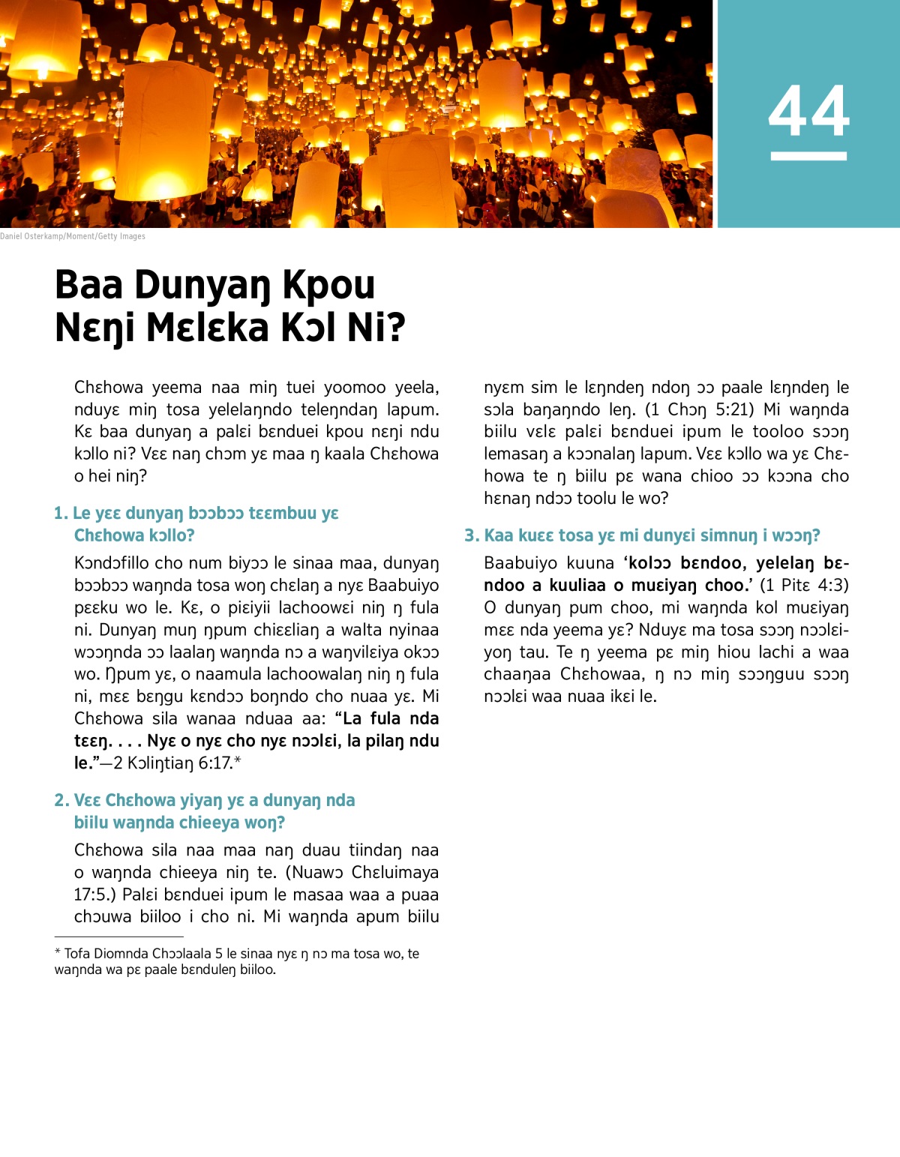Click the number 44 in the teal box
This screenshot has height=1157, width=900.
808,111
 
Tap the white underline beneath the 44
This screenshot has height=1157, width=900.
808,156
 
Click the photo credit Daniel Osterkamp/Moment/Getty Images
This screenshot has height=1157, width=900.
73,236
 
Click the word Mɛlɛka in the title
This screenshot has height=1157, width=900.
207,328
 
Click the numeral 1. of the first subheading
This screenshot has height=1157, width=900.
61,514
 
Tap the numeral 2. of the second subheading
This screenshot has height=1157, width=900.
61,801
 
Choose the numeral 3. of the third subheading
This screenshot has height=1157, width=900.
471,535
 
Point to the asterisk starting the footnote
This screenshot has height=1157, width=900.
58,953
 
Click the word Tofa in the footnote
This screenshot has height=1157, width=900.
77,954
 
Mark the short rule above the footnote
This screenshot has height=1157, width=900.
118,937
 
